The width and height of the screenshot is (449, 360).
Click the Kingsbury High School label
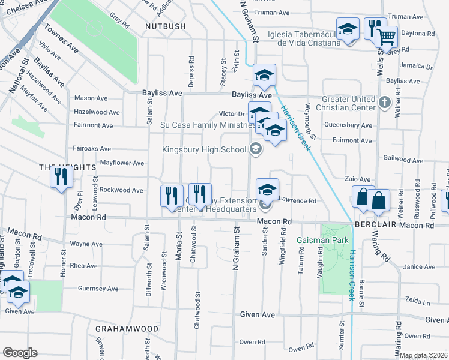coord(205,149)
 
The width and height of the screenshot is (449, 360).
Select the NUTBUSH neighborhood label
coord(164,26)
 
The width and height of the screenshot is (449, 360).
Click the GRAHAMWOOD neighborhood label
coord(127,329)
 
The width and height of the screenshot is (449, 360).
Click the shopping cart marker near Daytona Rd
coord(387,38)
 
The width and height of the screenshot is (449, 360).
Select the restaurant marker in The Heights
coord(61,177)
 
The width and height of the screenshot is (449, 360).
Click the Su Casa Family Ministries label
coord(204,125)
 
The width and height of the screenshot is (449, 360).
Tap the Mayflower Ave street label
coord(122,163)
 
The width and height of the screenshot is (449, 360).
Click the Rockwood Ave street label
coord(121,190)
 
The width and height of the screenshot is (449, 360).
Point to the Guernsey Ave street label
coord(98,289)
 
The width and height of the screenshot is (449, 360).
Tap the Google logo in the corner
coord(20,353)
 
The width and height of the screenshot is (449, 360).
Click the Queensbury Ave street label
coord(348,125)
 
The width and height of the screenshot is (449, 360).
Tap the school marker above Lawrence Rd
coord(267,190)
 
